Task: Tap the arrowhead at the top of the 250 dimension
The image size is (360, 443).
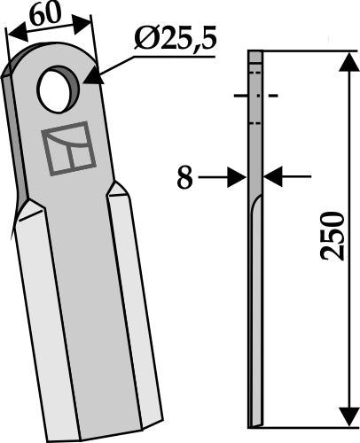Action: tap(343, 60)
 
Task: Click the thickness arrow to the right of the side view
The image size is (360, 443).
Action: tap(277, 177)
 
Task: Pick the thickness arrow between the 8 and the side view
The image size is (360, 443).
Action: tap(233, 177)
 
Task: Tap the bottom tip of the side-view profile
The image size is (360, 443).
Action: tap(255, 422)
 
